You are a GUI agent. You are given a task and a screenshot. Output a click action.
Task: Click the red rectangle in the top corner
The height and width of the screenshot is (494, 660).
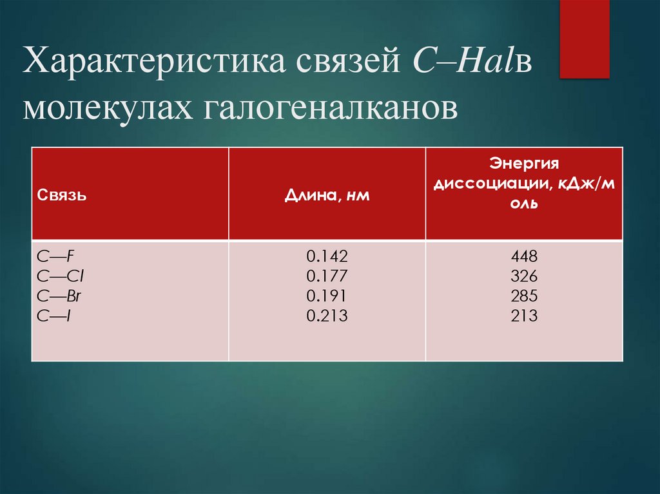(584, 39)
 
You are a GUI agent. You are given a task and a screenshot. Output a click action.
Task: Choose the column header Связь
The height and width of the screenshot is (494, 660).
(62, 196)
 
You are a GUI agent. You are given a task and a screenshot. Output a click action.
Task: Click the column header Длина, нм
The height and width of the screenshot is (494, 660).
(327, 196)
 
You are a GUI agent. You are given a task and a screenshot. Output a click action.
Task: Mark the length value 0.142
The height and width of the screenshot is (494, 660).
(327, 257)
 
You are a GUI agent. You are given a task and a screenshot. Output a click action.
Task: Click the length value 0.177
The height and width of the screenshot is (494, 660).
(327, 276)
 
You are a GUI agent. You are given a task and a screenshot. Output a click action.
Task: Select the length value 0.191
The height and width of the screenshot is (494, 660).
(327, 296)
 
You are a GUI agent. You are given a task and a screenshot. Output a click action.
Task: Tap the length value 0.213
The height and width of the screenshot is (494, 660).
(327, 316)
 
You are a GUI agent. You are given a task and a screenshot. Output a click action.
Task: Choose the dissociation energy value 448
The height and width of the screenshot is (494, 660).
(524, 257)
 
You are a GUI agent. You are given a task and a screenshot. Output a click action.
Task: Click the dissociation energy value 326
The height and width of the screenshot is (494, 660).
(524, 276)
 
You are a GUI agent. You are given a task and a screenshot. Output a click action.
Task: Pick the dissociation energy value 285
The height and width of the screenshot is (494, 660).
(524, 296)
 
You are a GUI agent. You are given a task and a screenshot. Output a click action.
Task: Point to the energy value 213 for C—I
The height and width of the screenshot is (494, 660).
(524, 316)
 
